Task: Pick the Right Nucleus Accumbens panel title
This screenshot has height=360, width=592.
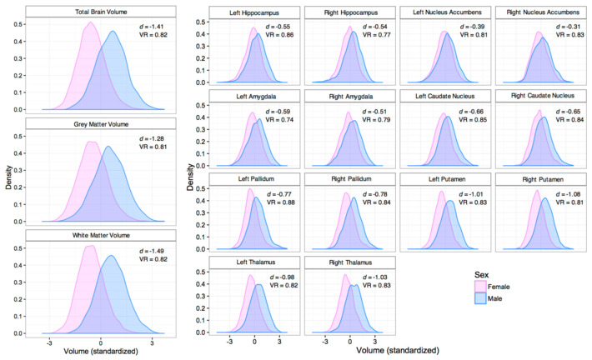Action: coord(544,12)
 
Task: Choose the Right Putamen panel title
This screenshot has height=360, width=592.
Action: coord(544,179)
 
